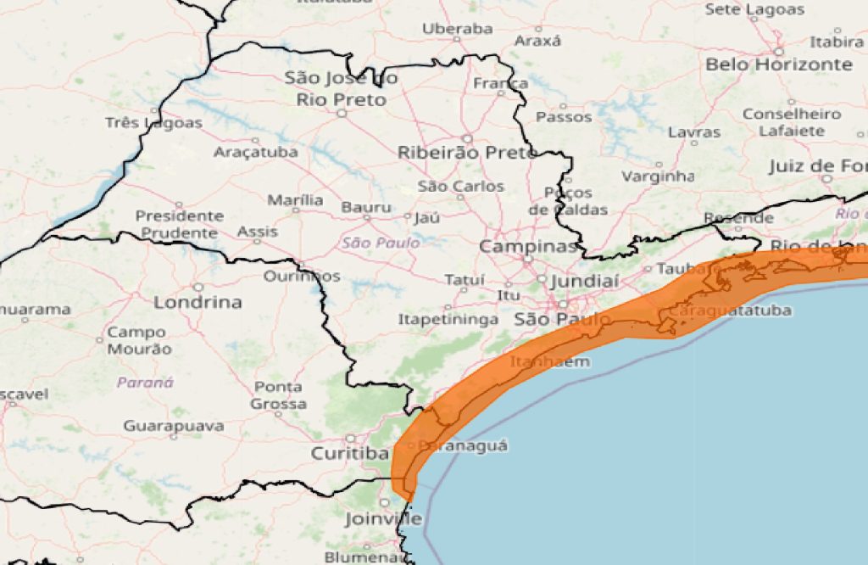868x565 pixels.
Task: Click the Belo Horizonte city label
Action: pyautogui.click(x=778, y=64)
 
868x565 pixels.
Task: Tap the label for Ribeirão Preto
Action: pyautogui.click(x=467, y=153)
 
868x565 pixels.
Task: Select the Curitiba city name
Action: pyautogui.click(x=349, y=454)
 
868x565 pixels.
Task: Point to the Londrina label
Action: pyautogui.click(x=198, y=302)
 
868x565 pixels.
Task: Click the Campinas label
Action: pyautogui.click(x=528, y=247)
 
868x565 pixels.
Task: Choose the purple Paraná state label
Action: pyautogui.click(x=145, y=383)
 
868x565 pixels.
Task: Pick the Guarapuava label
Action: pyautogui.click(x=174, y=425)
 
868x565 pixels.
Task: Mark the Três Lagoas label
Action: pyautogui.click(x=153, y=123)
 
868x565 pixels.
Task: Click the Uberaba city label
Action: pyautogui.click(x=458, y=29)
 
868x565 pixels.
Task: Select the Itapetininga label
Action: pyautogui.click(x=448, y=320)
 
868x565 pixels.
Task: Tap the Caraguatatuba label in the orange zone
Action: pyautogui.click(x=730, y=310)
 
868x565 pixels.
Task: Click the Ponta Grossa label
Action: pyautogui.click(x=278, y=395)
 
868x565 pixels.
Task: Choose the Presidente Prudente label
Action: pyautogui.click(x=180, y=224)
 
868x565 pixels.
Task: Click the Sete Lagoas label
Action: pyautogui.click(x=754, y=10)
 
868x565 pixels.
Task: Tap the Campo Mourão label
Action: pyautogui.click(x=139, y=340)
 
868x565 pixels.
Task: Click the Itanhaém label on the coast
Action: pyautogui.click(x=549, y=361)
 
